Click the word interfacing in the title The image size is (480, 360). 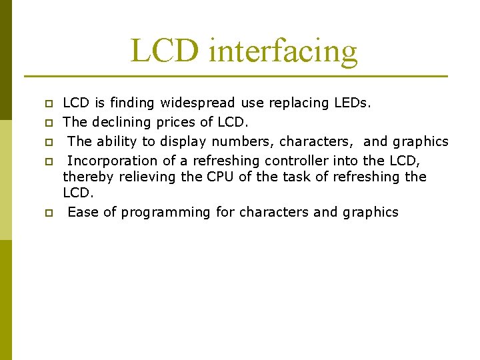[x=283, y=51]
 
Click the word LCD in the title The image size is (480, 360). [x=165, y=51]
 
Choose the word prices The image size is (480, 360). [x=177, y=122]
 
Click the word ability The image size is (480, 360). [x=118, y=141]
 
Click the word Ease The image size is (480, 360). [x=83, y=212]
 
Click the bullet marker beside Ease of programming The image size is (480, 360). [x=48, y=213]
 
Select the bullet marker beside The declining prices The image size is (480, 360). [x=48, y=123]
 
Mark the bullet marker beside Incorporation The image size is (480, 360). [x=48, y=162]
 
